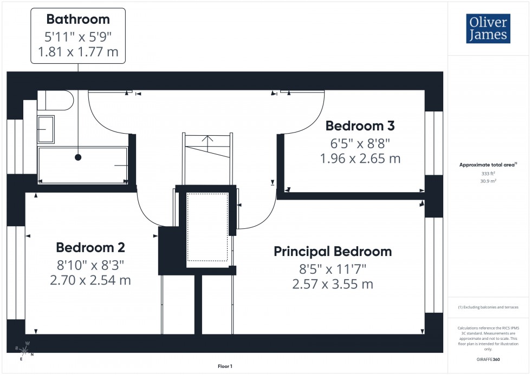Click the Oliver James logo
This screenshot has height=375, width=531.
(488, 29)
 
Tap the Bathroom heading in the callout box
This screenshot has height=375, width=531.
(78, 19)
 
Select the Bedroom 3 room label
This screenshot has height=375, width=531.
(360, 126)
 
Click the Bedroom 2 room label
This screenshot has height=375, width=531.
(90, 248)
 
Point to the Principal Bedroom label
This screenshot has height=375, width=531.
(332, 252)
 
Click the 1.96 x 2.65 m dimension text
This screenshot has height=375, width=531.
(360, 159)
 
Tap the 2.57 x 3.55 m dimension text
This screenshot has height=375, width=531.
(332, 284)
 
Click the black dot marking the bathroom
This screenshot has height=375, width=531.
(78, 157)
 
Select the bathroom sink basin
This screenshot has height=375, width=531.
(46, 129)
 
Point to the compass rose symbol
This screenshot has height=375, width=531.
(24, 351)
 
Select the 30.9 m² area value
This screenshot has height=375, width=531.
(488, 181)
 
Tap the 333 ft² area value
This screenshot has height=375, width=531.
(488, 173)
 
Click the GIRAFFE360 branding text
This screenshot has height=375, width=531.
(489, 359)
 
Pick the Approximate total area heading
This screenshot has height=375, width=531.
(488, 165)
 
